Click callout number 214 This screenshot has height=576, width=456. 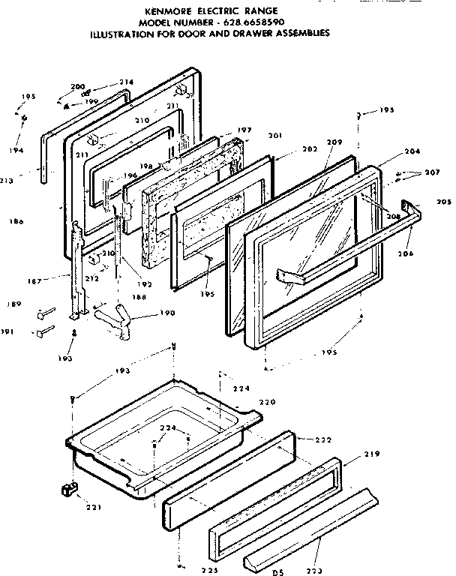click(126, 82)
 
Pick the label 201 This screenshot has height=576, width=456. click(274, 135)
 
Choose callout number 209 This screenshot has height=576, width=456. click(334, 142)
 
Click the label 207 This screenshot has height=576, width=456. click(431, 173)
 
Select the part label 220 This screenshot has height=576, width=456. click(266, 402)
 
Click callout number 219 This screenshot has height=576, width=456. click(373, 454)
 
